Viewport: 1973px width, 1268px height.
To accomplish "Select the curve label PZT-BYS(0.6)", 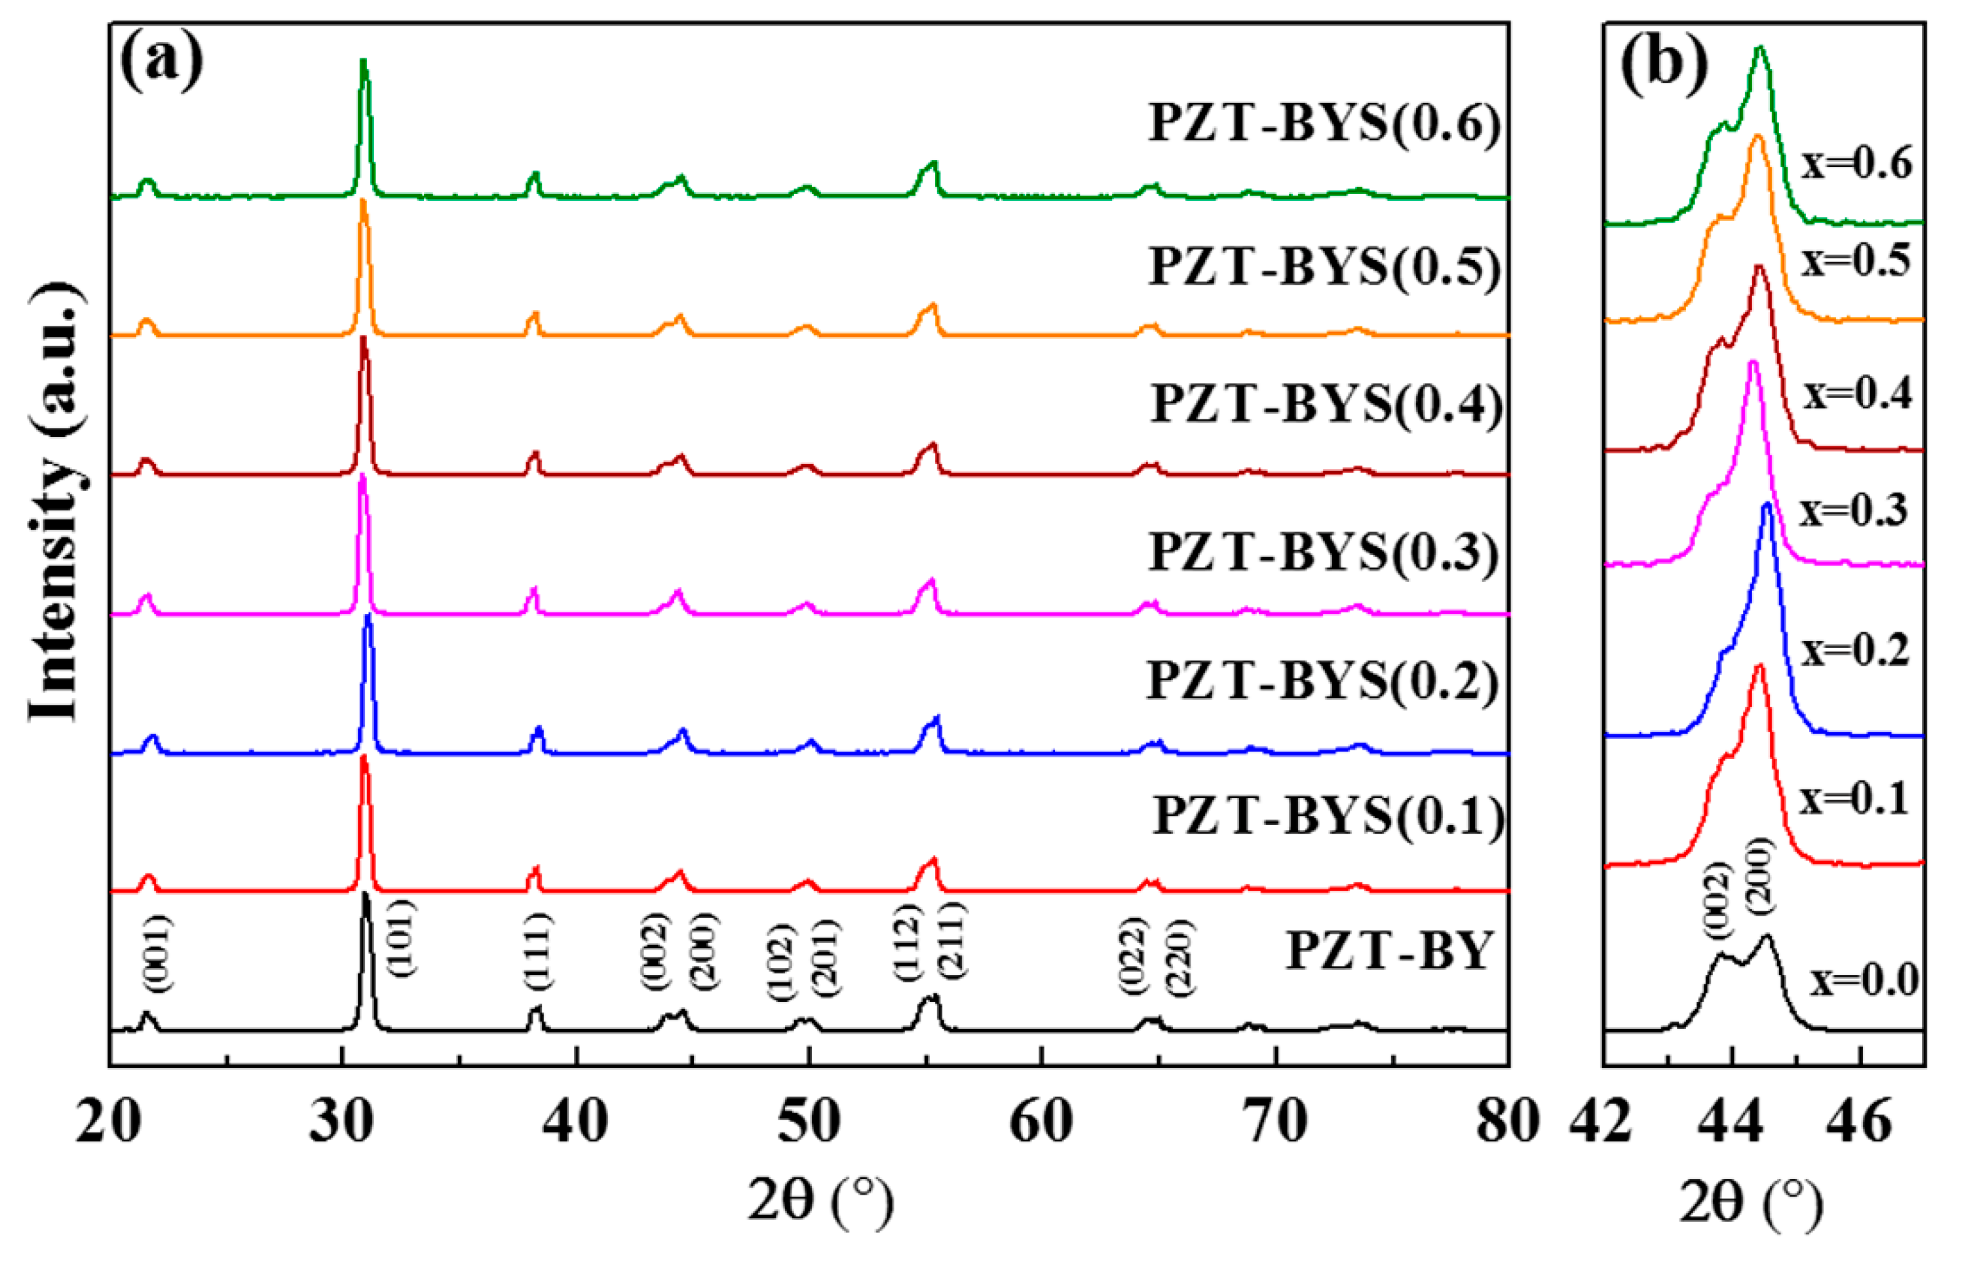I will [1324, 125].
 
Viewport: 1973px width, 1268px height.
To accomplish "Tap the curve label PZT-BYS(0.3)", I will [1322, 552].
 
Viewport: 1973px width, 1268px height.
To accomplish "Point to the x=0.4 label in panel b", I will [1858, 394].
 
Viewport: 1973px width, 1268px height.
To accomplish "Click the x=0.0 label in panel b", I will [1864, 980].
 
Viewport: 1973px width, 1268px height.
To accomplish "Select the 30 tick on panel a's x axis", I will [341, 1120].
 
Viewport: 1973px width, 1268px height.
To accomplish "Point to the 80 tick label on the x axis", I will [1508, 1120].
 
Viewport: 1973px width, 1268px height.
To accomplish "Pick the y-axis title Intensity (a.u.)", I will [55, 502].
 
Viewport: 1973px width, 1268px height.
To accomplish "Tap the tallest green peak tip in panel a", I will [363, 60].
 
